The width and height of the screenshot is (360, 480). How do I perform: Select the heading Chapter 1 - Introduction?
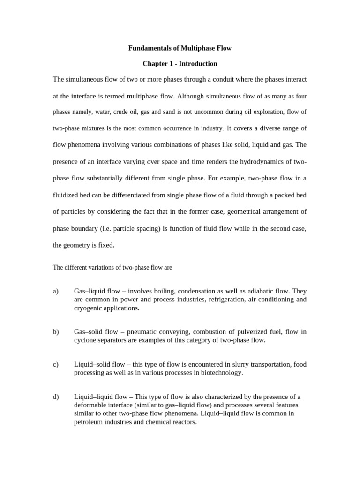(180, 63)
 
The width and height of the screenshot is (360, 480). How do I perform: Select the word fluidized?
(67, 195)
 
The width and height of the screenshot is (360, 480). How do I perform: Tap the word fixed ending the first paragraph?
(105, 245)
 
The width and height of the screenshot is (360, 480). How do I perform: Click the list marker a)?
(56, 291)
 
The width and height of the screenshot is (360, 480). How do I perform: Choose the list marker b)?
(56, 332)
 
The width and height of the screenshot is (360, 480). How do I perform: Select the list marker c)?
(56, 364)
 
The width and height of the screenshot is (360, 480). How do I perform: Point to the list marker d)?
(56, 397)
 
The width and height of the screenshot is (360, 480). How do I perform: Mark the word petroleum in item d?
(89, 422)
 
